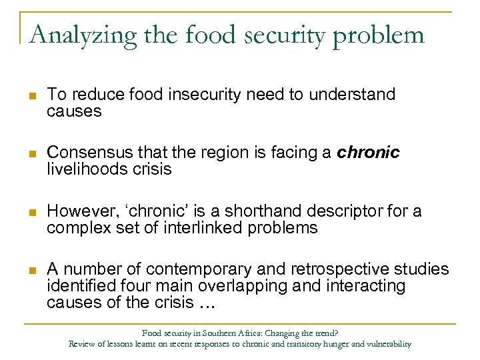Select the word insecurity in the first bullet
pos(206,95)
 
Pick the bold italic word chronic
pos(368,153)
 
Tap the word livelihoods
pos(81,169)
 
